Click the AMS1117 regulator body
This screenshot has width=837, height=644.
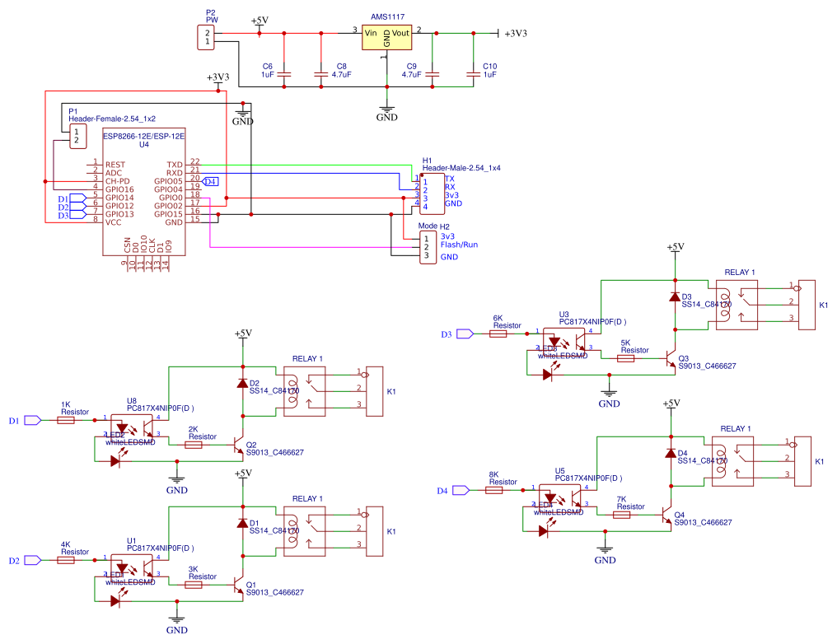point(386,37)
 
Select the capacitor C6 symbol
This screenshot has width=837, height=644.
point(284,74)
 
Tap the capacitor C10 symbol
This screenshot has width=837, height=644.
point(472,74)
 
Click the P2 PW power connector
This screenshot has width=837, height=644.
point(203,37)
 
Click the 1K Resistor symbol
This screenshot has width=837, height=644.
point(66,420)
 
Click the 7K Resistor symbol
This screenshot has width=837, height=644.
point(623,515)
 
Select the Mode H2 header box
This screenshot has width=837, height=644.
point(428,246)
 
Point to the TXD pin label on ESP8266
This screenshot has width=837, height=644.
point(174,165)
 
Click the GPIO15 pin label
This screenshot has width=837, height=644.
point(167,213)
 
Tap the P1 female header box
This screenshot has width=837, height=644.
point(77,136)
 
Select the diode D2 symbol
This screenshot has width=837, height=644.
point(241,384)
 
